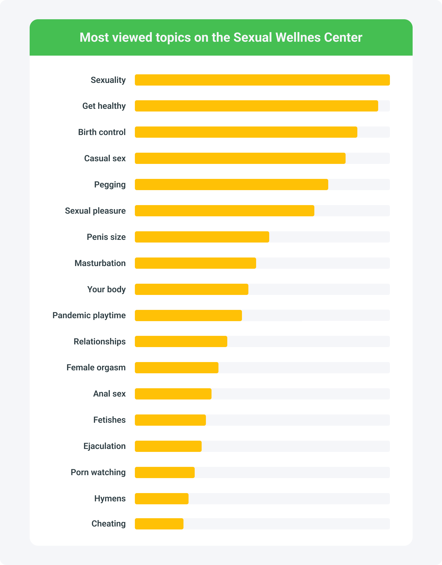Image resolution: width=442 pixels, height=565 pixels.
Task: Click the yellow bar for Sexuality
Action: point(262,80)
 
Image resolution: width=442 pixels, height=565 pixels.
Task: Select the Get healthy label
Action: point(104,106)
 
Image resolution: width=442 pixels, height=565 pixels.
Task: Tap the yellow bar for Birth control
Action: point(246,132)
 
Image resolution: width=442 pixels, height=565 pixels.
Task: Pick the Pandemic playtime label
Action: point(89,315)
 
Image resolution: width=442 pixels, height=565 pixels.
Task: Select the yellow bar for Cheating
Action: point(159,524)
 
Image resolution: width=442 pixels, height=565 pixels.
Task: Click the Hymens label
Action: point(110,498)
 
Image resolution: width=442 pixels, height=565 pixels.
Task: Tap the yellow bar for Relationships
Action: point(181,341)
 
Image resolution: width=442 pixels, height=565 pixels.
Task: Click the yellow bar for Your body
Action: point(191,289)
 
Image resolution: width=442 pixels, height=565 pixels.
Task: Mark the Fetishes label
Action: point(109,420)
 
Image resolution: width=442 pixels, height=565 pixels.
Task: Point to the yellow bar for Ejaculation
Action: point(168,446)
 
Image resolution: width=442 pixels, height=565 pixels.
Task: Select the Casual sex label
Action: point(105,158)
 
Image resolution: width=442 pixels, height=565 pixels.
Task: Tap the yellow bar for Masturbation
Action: point(195,263)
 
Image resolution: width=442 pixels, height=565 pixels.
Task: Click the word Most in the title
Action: point(94,37)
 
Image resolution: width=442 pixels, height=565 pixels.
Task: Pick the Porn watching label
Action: point(98,472)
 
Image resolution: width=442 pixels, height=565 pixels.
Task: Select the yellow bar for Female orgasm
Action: point(177,368)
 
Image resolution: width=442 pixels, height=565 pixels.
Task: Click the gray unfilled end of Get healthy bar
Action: point(384,106)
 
